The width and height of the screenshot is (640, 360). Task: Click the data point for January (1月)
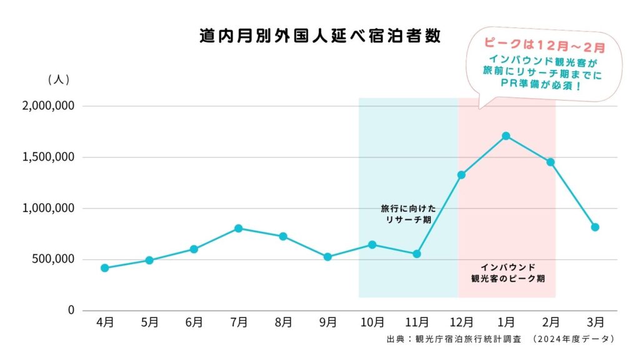506,136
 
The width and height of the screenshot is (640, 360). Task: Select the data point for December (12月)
461,175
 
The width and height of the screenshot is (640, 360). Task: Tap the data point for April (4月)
104,268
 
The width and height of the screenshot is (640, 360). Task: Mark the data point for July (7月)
238,228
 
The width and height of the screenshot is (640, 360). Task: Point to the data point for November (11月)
417,254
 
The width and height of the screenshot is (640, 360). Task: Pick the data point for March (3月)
595,227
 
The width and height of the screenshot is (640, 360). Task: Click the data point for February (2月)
551,162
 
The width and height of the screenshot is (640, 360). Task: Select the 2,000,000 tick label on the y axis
48,106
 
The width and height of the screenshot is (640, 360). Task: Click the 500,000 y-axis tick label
52,259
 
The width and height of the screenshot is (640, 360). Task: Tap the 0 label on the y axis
71,311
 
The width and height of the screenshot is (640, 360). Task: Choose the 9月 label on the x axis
327,322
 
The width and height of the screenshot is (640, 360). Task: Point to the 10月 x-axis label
372,322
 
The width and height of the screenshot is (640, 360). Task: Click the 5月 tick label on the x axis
149,322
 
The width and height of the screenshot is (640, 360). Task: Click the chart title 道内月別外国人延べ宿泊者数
320,36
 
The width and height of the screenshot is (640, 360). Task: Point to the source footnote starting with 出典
501,339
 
